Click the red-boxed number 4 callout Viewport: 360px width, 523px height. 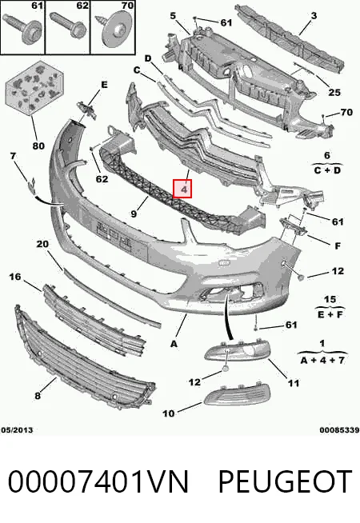pyautogui.click(x=182, y=189)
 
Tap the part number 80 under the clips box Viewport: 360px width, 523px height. pyautogui.click(x=38, y=146)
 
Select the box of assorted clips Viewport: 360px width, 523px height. pyautogui.click(x=34, y=87)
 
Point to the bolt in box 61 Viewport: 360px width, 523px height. pyautogui.click(x=22, y=29)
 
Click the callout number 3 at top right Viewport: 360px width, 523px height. pyautogui.click(x=314, y=15)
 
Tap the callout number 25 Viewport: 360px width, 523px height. pyautogui.click(x=334, y=92)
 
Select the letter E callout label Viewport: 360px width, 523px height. pyautogui.click(x=104, y=85)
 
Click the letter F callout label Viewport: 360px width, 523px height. pyautogui.click(x=338, y=246)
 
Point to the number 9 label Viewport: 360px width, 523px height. pyautogui.click(x=134, y=214)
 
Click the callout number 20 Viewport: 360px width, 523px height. pyautogui.click(x=42, y=244)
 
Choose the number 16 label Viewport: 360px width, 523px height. pyautogui.click(x=14, y=276)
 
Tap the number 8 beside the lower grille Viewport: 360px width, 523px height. pyautogui.click(x=38, y=395)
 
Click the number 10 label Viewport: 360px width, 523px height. pyautogui.click(x=168, y=413)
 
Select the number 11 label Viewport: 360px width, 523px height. pyautogui.click(x=294, y=383)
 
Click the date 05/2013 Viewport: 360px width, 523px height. pyautogui.click(x=18, y=430)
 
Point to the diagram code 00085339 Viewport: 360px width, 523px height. pyautogui.click(x=339, y=430)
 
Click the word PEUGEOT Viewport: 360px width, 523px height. pyautogui.click(x=286, y=481)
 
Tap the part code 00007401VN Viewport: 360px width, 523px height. pyautogui.click(x=98, y=481)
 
